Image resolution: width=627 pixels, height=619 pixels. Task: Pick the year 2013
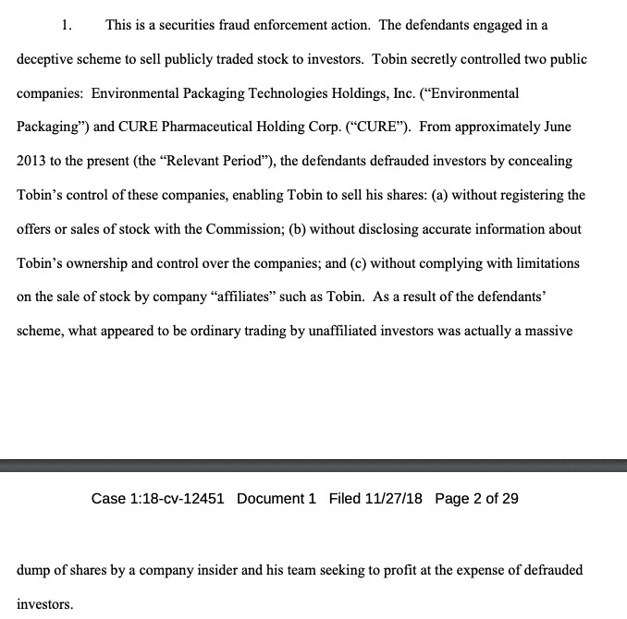(x=31, y=161)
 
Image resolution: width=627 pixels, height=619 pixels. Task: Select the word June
(x=553, y=127)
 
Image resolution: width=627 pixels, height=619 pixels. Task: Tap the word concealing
(x=540, y=161)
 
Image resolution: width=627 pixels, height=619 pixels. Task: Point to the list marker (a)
(x=387, y=195)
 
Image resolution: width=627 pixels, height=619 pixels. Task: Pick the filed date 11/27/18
(x=389, y=499)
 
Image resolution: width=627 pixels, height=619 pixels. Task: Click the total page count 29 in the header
(x=510, y=499)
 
